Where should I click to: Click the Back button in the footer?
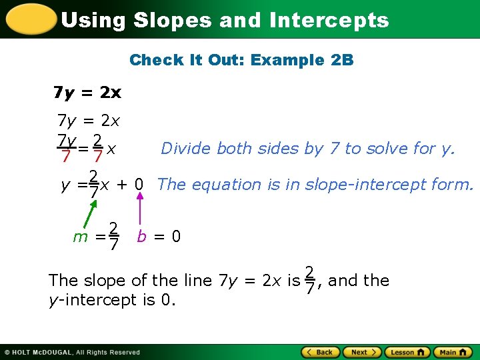320,352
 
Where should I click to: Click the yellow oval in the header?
29,19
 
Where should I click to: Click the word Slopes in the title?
173,20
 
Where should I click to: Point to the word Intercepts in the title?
329,20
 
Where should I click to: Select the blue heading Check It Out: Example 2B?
241,60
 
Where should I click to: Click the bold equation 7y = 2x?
87,91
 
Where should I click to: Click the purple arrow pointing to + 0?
139,209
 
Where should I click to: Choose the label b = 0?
159,237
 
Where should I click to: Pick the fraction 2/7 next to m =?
114,237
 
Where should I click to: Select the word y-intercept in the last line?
93,300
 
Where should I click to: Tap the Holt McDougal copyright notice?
72,352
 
